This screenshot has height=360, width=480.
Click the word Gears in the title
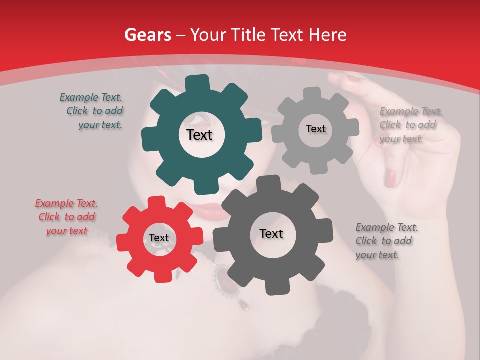(x=146, y=35)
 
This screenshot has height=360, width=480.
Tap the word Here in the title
(x=328, y=35)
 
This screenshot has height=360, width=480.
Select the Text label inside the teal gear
(x=199, y=135)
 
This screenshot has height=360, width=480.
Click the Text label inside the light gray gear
(x=315, y=129)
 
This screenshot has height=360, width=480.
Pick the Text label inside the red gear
(x=159, y=238)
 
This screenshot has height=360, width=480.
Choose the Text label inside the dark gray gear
(x=271, y=233)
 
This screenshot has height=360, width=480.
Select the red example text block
(x=67, y=217)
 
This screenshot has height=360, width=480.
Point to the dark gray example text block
(x=384, y=241)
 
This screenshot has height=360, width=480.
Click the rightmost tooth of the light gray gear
(x=352, y=128)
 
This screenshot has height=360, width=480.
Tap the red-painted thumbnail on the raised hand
(x=390, y=177)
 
